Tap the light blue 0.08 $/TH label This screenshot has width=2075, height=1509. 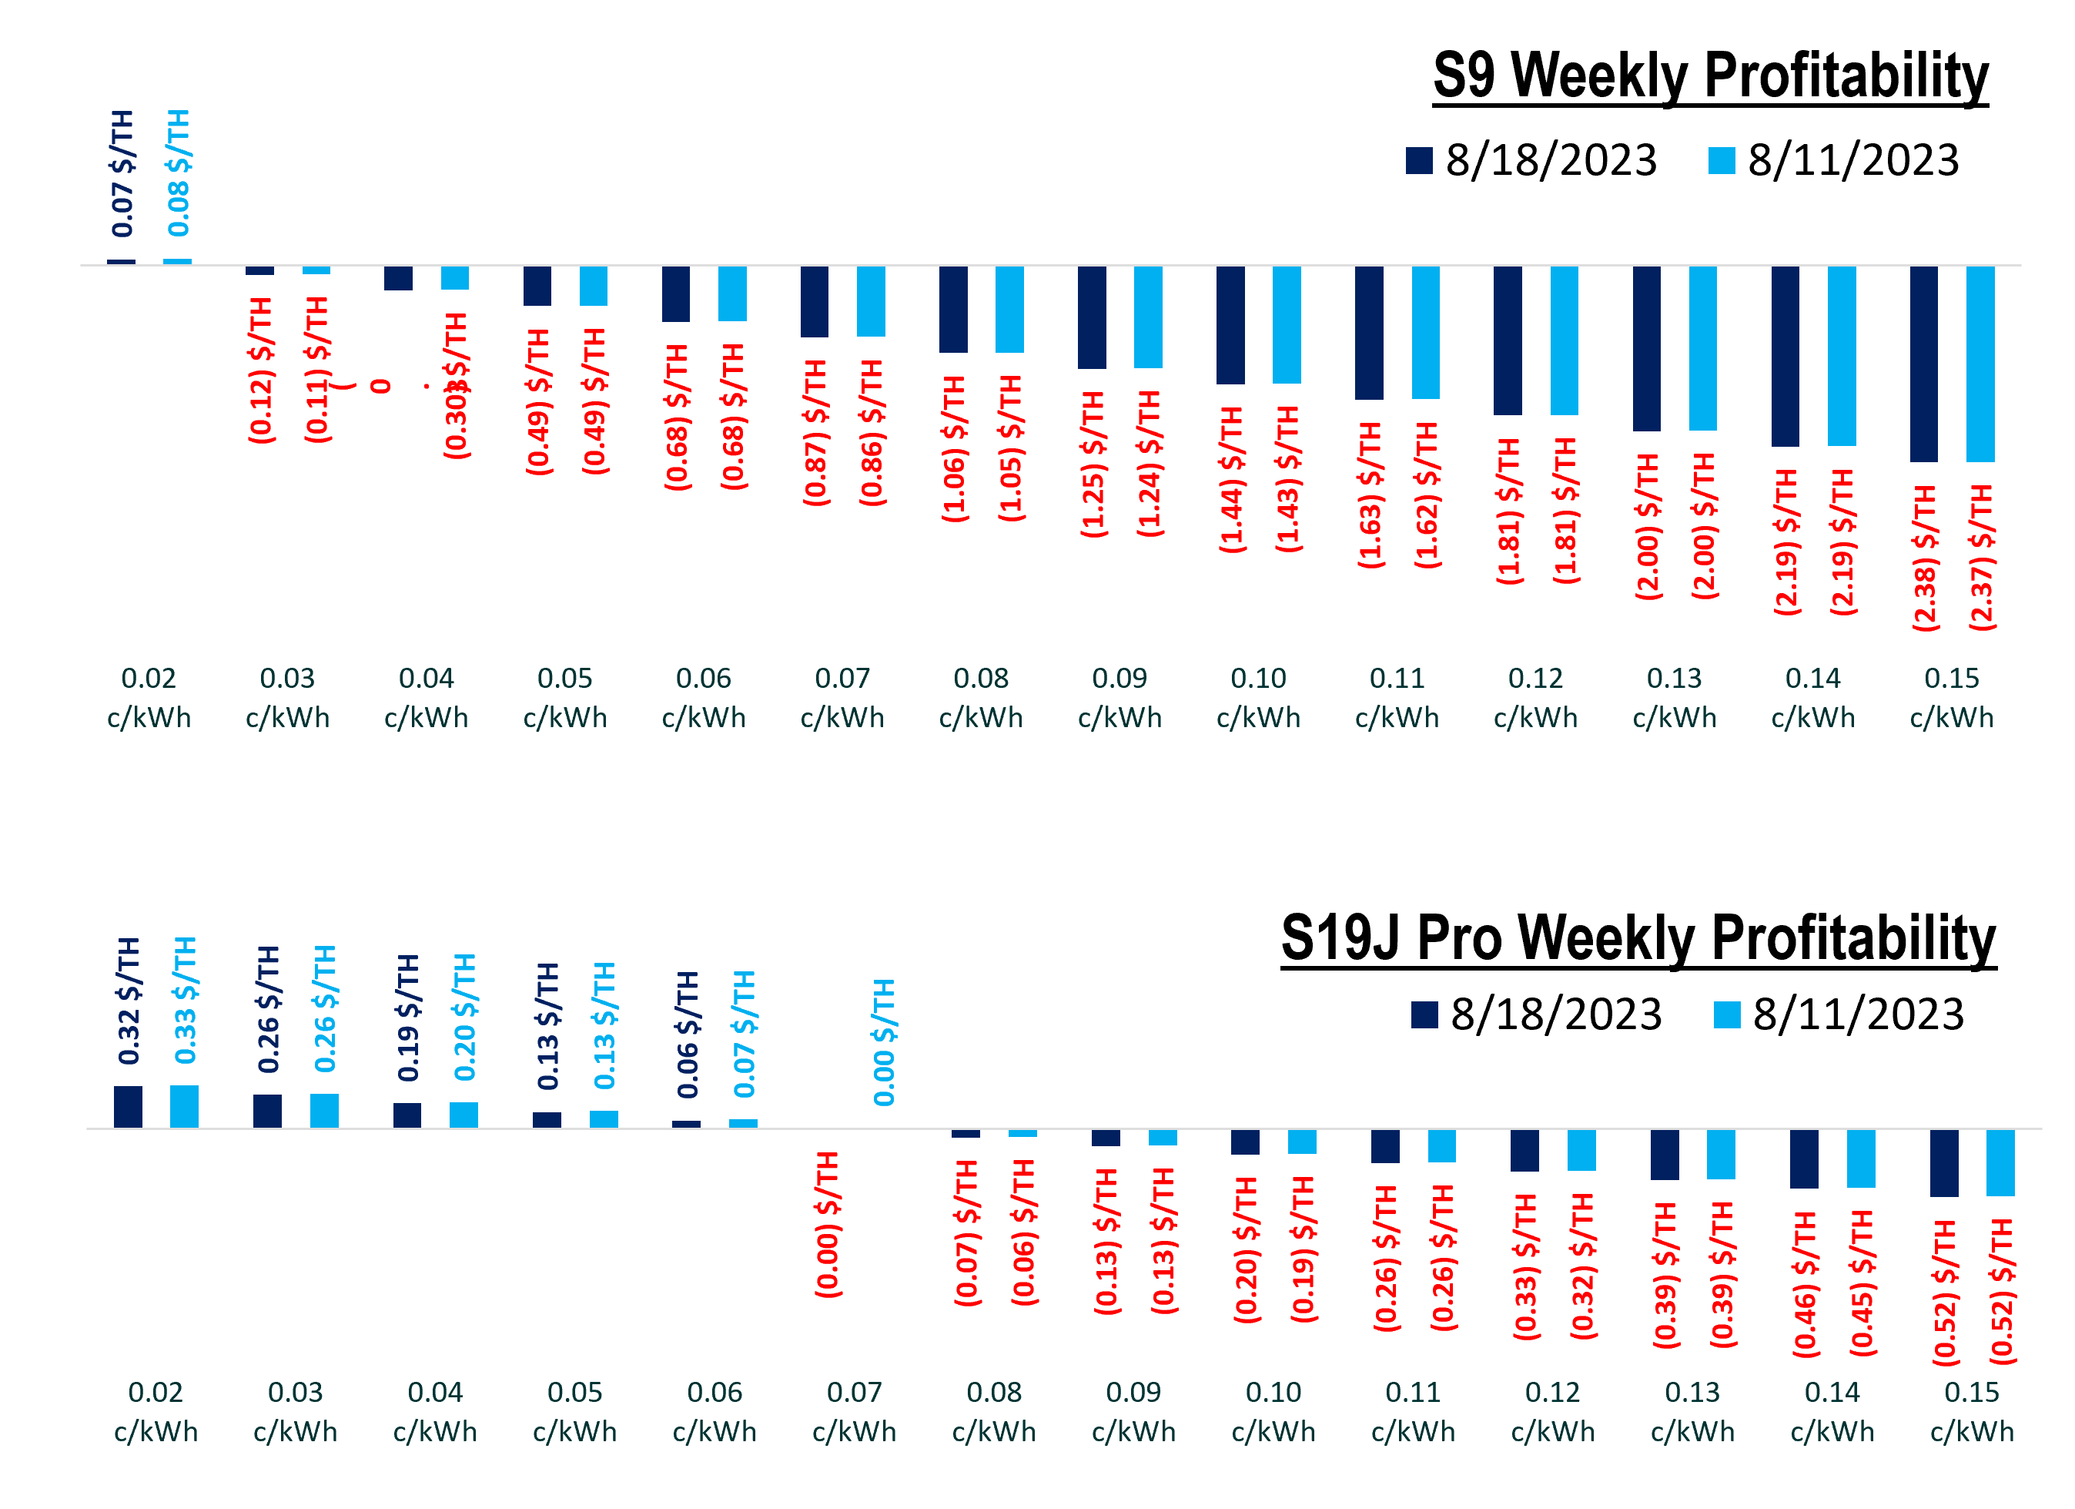tap(179, 173)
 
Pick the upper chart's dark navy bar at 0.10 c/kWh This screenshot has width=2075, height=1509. tap(1230, 325)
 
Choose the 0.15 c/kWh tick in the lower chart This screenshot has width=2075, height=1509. tap(1972, 1411)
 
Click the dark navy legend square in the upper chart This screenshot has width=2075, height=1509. tap(1419, 160)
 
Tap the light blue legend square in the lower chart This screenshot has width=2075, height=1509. tap(1727, 1014)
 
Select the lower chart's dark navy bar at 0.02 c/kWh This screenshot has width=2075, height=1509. tap(128, 1107)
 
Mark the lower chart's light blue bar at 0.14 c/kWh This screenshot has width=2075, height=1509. tap(1861, 1159)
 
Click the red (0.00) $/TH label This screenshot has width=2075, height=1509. tap(828, 1225)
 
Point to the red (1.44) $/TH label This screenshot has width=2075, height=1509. tap(1231, 480)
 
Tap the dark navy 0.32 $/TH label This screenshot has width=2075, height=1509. tap(129, 1001)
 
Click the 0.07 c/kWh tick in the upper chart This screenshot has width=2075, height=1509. tap(842, 697)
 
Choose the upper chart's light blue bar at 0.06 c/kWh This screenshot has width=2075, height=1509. tap(732, 293)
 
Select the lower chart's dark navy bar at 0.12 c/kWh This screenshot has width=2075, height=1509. tap(1525, 1150)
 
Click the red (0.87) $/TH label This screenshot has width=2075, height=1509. tap(815, 432)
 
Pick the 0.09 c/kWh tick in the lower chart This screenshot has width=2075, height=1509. tap(1133, 1411)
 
